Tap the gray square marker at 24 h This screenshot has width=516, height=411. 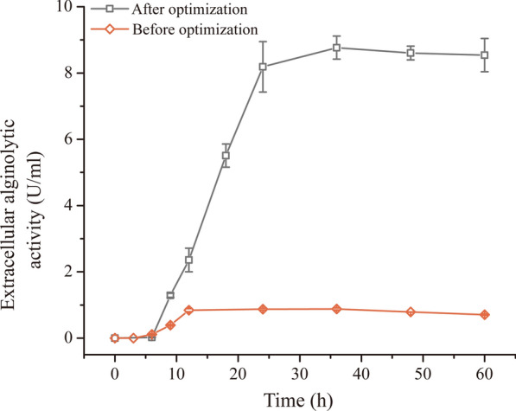[x=263, y=67]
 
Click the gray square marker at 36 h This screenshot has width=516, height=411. [x=336, y=48]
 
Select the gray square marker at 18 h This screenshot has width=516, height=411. [x=226, y=156]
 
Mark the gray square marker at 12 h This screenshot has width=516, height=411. [x=188, y=260]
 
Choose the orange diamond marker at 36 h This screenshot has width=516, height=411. [x=336, y=309]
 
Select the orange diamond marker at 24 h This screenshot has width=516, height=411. [x=263, y=309]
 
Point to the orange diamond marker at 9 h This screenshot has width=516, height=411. [x=170, y=325]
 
